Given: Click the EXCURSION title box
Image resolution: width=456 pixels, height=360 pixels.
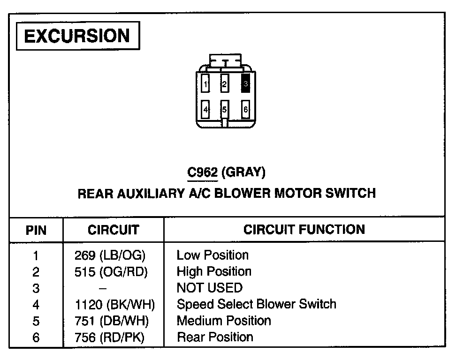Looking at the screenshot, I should (77, 36).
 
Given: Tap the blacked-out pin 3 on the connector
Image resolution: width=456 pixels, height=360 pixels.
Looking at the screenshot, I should (245, 84).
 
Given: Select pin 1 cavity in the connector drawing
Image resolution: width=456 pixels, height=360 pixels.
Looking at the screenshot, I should (205, 84).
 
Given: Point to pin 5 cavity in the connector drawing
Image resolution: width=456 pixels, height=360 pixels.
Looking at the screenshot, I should (225, 110).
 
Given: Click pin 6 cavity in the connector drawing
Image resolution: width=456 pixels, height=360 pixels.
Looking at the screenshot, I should (245, 110).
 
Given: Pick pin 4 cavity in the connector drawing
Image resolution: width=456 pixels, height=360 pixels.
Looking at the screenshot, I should (205, 110).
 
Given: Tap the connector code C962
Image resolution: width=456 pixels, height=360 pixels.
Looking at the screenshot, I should (202, 172).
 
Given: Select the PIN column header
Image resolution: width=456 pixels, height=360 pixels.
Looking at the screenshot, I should (36, 230).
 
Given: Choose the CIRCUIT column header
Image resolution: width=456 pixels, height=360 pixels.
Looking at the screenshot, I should (113, 230).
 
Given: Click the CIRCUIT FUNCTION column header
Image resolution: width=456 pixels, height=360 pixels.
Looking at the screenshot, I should (304, 229).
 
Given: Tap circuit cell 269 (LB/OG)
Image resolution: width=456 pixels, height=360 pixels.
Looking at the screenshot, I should (110, 255).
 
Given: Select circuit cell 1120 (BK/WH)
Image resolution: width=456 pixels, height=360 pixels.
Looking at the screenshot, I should (114, 305).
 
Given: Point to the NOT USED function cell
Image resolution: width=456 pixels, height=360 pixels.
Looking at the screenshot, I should (209, 288).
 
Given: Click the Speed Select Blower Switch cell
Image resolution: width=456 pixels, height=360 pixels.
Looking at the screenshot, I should (256, 304).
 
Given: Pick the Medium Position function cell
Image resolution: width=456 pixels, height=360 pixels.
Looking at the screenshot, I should (224, 321).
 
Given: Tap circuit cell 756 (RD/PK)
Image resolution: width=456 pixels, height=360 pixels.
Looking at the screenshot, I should (110, 337).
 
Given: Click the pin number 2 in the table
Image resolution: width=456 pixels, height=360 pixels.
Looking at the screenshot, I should (36, 272).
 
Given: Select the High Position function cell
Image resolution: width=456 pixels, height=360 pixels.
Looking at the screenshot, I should (214, 271).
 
